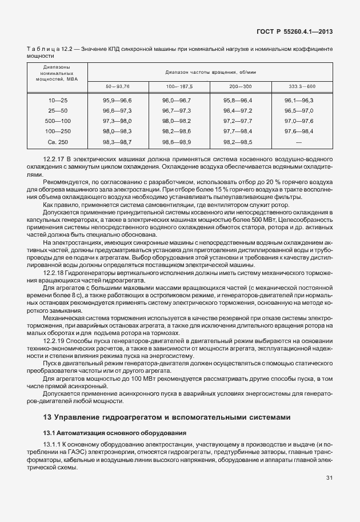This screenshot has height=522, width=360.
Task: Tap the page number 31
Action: click(x=329, y=477)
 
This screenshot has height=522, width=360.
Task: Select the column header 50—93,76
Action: click(x=117, y=86)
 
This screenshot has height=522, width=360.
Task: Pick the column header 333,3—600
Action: click(x=302, y=86)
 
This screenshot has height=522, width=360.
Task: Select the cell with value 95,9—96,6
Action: click(x=117, y=100)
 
